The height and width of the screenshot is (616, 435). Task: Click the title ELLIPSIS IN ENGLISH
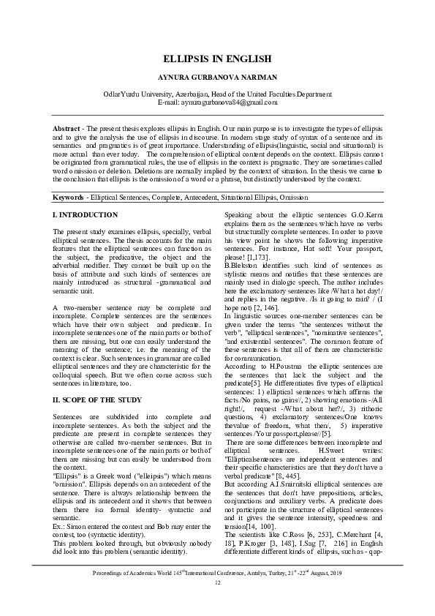[x=217, y=58]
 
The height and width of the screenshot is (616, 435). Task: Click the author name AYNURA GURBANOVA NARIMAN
[x=217, y=76]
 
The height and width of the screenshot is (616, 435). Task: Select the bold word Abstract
[x=66, y=129]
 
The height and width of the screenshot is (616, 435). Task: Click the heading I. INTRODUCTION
[x=85, y=215]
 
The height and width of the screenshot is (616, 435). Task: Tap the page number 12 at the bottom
[x=217, y=603]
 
